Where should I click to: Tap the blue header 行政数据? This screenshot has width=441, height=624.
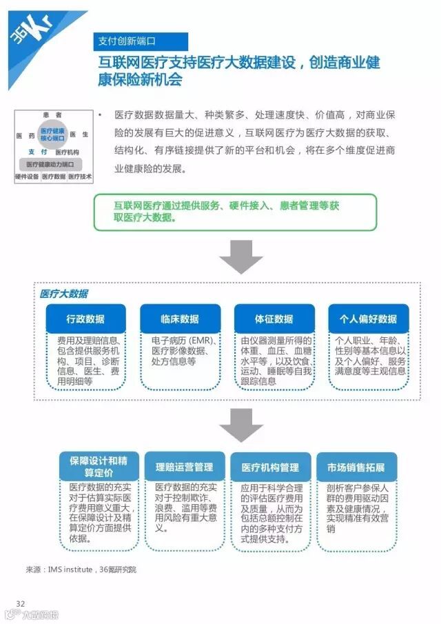(86, 319)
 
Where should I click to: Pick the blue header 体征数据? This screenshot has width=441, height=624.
(274, 319)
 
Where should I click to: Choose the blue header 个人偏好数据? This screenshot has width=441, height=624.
(368, 319)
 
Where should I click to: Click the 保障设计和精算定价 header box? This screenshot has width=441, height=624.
(99, 467)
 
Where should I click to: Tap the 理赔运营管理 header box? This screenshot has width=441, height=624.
(184, 467)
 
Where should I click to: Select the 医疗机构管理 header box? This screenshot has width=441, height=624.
(270, 467)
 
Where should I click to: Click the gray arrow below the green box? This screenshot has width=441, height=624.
(240, 258)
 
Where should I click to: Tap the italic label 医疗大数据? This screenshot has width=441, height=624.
(64, 294)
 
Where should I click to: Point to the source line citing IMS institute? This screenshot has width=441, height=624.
(81, 570)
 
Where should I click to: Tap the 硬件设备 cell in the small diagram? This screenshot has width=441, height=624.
(27, 177)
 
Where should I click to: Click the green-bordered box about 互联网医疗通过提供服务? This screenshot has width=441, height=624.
(235, 212)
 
